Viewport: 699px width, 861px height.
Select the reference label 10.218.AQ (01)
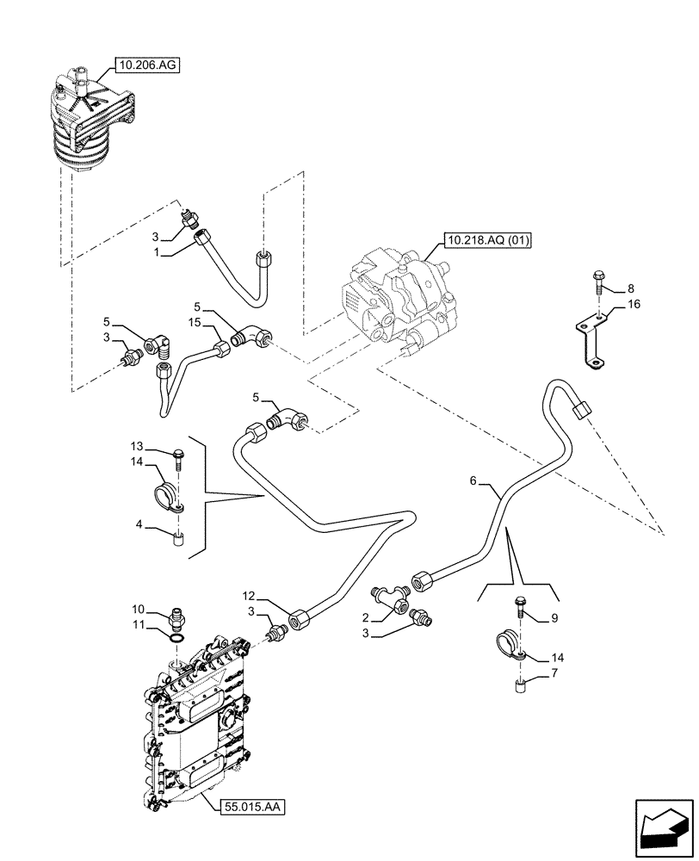(487, 239)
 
